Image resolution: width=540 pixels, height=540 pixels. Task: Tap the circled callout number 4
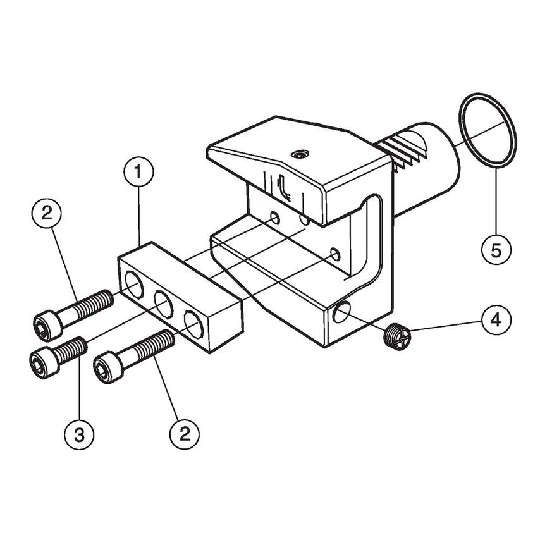pyautogui.click(x=494, y=319)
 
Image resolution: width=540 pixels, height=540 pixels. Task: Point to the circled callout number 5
pyautogui.click(x=495, y=249)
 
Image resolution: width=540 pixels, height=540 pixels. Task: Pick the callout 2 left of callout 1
pyautogui.click(x=47, y=214)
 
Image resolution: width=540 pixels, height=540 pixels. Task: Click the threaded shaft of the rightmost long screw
pyautogui.click(x=156, y=345)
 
